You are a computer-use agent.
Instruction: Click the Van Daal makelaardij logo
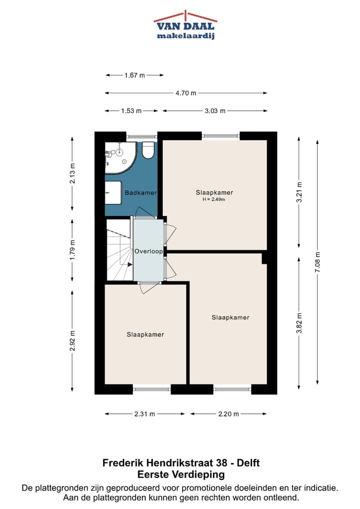(x=185, y=25)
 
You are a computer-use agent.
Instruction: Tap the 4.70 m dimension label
(x=185, y=93)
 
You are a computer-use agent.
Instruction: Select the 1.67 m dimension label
(x=134, y=75)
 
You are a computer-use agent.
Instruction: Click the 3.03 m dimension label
(x=215, y=111)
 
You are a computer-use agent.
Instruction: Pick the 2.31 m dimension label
(x=145, y=414)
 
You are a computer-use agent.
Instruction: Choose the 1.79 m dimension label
(x=72, y=250)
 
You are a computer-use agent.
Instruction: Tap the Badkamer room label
(x=140, y=193)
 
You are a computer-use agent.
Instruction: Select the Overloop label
(x=148, y=251)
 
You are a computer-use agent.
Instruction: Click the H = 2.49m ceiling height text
(x=214, y=199)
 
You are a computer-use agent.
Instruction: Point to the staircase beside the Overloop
(x=119, y=250)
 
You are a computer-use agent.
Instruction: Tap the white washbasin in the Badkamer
(x=113, y=192)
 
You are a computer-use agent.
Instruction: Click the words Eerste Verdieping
(x=180, y=474)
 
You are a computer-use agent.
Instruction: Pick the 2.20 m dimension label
(x=228, y=414)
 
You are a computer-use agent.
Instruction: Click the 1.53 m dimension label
(x=131, y=111)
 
